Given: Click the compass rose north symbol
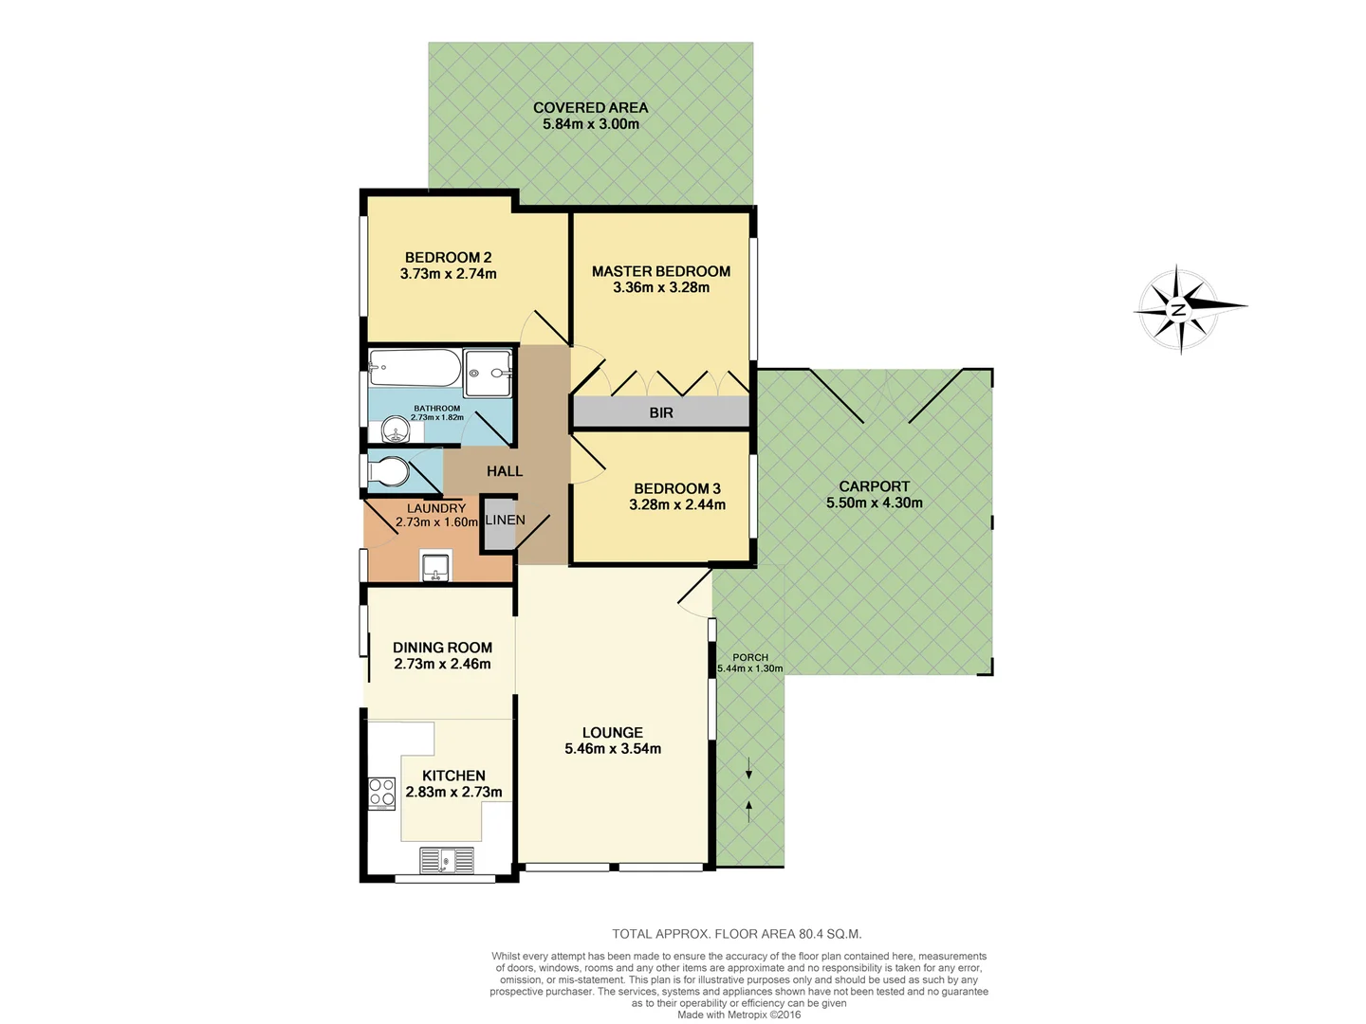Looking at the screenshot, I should click(1179, 309).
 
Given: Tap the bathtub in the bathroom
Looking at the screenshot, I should click(415, 368).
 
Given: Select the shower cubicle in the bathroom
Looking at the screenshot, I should click(489, 373).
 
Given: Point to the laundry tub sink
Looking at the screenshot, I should click(436, 566).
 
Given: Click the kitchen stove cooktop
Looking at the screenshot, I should click(381, 793).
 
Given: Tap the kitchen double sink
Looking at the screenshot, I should click(447, 861).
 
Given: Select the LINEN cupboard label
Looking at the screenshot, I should click(505, 520).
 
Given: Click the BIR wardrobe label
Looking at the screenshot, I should click(661, 412).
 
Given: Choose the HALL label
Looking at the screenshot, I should click(505, 471).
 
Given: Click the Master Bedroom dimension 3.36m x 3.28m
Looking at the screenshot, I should click(661, 287).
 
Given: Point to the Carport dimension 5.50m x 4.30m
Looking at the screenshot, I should click(874, 503).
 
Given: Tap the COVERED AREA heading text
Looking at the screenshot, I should click(590, 107).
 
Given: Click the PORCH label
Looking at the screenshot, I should click(750, 657).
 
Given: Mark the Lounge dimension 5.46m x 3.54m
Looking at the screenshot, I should click(613, 748).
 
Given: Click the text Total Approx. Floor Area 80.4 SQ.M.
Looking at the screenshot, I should click(737, 934).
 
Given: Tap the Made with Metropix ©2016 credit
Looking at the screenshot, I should click(739, 1015).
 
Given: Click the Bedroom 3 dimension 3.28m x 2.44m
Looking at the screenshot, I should click(677, 504).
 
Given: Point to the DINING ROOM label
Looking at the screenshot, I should click(442, 648).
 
